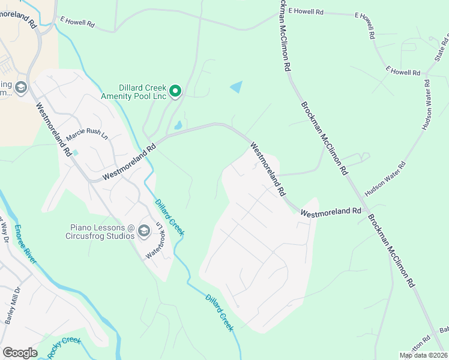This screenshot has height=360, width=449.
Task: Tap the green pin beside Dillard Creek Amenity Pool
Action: (x=175, y=91)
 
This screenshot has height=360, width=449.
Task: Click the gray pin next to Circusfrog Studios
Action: (x=143, y=230)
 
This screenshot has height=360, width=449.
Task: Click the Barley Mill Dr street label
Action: (x=13, y=305)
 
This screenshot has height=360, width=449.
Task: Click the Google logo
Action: (x=20, y=353)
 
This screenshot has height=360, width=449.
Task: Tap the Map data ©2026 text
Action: (x=423, y=355)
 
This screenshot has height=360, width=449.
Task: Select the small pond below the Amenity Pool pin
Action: (x=178, y=126)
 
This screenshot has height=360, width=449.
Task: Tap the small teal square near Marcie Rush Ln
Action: (x=75, y=152)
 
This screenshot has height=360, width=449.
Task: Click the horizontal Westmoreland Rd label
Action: (x=331, y=212)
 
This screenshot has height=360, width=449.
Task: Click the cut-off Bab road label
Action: (x=444, y=329)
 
